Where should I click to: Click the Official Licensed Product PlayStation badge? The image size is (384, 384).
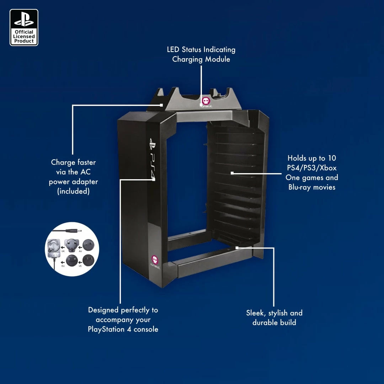(x=24, y=27)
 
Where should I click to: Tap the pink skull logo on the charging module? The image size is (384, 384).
(x=206, y=101)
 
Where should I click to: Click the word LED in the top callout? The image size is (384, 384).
(x=174, y=49)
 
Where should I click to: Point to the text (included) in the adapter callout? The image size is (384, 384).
(x=73, y=191)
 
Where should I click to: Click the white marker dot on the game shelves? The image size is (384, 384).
(x=232, y=173)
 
